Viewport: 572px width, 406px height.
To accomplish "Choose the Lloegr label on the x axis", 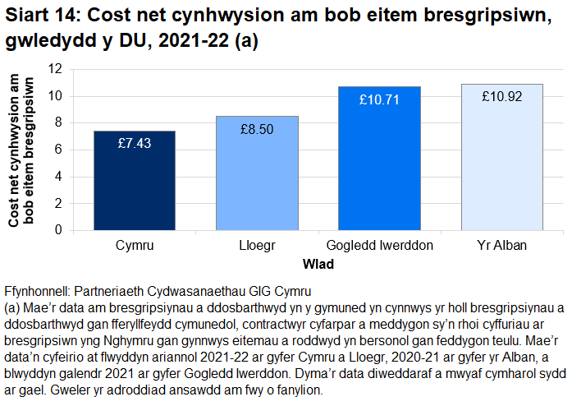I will pos(257,246).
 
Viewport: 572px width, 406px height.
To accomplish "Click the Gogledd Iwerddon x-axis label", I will pos(379,246).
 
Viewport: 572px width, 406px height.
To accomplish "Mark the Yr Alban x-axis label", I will pos(501,246).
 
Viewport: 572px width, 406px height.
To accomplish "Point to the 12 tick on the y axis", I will pos(57,70).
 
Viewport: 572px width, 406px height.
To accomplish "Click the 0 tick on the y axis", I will pos(60,230).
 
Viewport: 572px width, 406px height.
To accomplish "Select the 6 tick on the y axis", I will pos(60,150).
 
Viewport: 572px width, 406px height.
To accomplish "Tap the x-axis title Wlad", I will pos(317,265).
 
